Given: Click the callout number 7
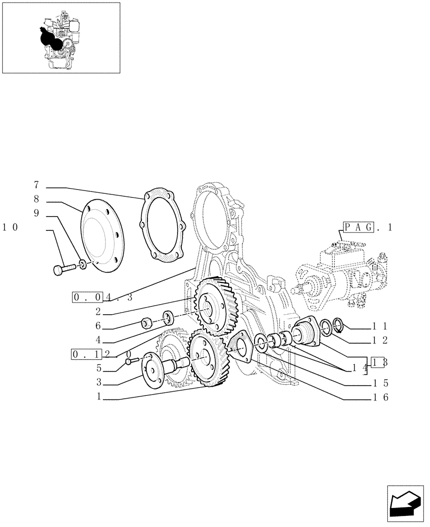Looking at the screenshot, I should click(36, 185).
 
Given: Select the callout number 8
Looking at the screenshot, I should click(36, 200).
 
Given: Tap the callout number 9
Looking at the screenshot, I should click(36, 213).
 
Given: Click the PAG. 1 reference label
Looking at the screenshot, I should click(368, 228).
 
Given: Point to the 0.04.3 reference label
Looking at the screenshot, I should click(102, 297).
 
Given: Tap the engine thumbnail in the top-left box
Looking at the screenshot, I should click(61, 38).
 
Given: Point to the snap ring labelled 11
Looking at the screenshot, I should click(338, 326).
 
